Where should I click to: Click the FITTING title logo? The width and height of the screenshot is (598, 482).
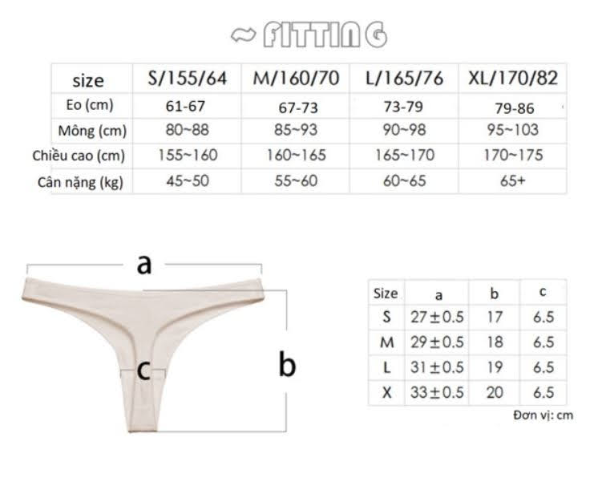tap(309, 34)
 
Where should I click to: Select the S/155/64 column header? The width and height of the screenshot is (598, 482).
tap(187, 79)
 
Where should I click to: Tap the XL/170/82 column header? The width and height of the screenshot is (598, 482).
tap(513, 79)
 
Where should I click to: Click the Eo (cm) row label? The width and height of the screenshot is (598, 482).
tap(90, 105)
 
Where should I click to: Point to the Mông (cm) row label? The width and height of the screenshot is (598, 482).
tap(92, 131)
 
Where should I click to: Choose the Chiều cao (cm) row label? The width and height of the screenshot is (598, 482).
tap(79, 156)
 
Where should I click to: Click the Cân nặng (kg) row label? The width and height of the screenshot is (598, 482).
tap(80, 182)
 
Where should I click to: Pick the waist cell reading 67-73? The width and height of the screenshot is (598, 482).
tap(298, 107)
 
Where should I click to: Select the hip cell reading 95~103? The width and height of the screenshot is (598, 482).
tap(512, 130)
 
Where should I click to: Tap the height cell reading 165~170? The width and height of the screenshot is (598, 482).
tap(405, 155)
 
